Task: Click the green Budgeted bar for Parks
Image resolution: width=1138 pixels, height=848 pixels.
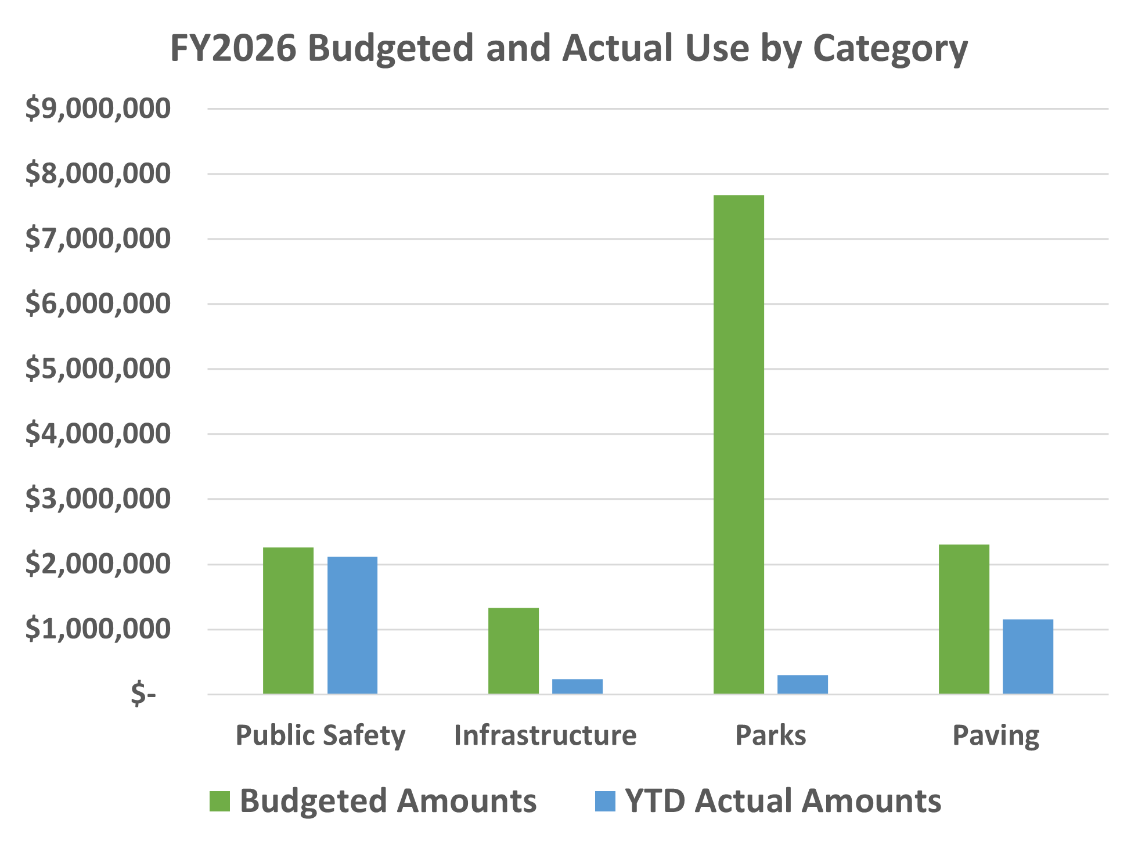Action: [x=739, y=444]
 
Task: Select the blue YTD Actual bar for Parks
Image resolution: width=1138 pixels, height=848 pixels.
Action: [x=802, y=684]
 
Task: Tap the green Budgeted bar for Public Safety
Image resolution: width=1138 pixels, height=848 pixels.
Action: [x=288, y=620]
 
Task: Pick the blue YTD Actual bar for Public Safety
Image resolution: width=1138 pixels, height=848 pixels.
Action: [x=352, y=625]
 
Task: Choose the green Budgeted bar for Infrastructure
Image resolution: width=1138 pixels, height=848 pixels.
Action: [x=513, y=651]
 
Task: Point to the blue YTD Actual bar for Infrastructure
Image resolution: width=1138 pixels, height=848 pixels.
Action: [x=577, y=687]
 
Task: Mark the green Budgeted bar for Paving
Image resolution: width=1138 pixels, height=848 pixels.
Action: [x=964, y=619]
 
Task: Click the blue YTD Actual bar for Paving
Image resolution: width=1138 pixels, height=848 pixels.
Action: [x=1028, y=656]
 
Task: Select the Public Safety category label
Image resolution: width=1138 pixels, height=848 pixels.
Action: [x=320, y=735]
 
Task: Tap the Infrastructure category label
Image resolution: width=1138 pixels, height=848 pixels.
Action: [x=545, y=735]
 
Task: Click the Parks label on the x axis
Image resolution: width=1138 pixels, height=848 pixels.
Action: [x=770, y=735]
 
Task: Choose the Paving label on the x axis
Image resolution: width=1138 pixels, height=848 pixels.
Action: [x=996, y=735]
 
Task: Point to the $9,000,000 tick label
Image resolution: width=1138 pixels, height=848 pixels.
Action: [x=98, y=109]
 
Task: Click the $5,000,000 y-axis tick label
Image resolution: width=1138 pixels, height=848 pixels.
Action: [x=98, y=369]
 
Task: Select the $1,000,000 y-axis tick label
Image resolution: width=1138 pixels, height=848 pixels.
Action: [x=98, y=629]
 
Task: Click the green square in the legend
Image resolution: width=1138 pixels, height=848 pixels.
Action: [x=219, y=802]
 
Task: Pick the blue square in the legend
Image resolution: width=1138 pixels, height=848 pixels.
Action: [x=605, y=802]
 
